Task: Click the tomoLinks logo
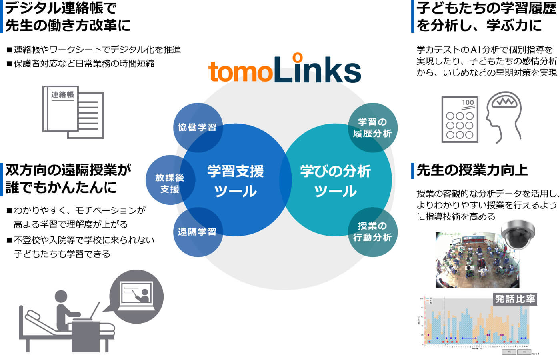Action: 284,69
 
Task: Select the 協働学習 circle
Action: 197,128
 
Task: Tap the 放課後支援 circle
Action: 170,183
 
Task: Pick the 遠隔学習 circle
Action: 197,232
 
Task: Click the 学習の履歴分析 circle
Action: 372,128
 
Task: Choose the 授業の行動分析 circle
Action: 372,232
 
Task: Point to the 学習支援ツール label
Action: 235,181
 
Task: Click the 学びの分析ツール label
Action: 335,181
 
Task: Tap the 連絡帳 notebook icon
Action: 73,112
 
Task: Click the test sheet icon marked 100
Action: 460,119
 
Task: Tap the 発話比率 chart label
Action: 515,299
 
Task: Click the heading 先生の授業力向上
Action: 472,170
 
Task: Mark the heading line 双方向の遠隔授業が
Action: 68,170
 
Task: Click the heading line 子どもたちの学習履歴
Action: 486,8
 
